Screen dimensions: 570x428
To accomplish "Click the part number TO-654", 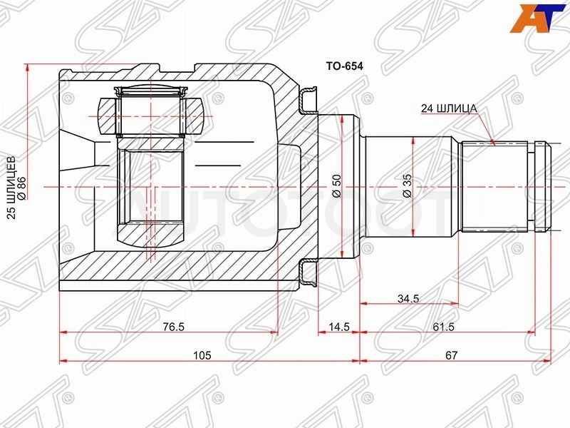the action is coord(344,66).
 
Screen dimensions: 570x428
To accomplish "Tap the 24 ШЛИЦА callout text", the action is coord(449,108).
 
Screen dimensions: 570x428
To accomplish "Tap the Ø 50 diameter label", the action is coord(337,186).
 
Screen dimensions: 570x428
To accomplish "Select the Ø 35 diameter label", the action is coord(408,186).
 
